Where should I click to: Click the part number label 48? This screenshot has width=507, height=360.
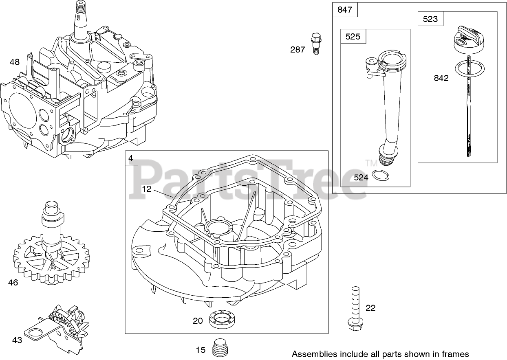point(15,62)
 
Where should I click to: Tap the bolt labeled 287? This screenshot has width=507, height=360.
point(315,43)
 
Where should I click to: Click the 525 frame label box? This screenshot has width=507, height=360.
point(353,37)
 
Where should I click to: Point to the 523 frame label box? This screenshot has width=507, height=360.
point(430,19)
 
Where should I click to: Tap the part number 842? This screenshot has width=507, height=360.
point(441,78)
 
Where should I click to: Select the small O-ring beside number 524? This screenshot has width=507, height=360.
point(381,176)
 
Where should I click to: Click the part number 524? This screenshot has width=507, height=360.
point(361,178)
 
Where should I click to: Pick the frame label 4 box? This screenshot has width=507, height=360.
point(131,158)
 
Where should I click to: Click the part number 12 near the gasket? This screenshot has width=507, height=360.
point(147,189)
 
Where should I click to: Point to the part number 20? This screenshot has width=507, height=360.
point(198,321)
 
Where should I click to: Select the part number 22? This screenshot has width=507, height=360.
point(370,308)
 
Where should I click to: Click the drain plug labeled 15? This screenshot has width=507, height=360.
point(220,347)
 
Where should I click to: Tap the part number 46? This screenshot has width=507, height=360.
point(13,282)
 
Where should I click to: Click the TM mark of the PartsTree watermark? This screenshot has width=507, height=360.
point(371,163)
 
